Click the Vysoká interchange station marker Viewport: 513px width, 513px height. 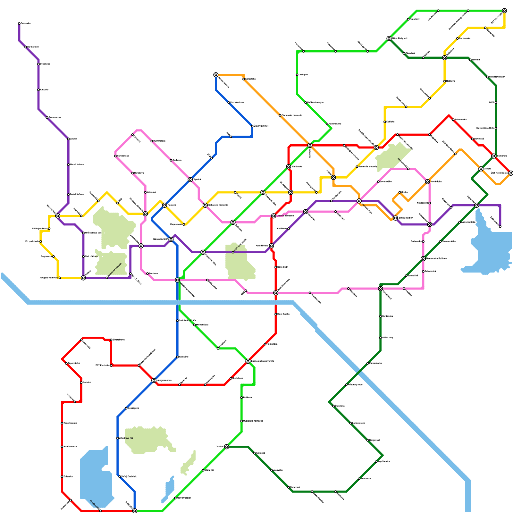(x=190, y=180)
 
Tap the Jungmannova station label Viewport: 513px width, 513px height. (x=164, y=381)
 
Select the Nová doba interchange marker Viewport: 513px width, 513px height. (x=427, y=182)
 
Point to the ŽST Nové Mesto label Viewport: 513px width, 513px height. (x=499, y=173)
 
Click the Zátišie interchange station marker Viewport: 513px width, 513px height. (x=481, y=169)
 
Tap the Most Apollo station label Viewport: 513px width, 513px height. (x=283, y=314)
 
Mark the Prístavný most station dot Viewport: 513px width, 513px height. (x=346, y=385)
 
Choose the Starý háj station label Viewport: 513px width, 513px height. (x=209, y=470)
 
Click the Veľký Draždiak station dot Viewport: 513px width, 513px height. (x=120, y=477)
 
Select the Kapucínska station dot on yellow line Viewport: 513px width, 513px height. (x=184, y=224)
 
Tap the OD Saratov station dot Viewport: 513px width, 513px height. (x=26, y=47)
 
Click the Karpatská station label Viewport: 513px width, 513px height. (x=250, y=79)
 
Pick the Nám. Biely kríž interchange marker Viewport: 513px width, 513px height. (x=389, y=38)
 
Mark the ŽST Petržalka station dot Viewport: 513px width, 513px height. (x=111, y=366)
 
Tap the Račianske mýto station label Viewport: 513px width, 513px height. (x=315, y=102)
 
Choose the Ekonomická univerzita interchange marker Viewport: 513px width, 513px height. (x=248, y=361)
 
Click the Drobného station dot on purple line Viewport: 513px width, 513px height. (x=38, y=64)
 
